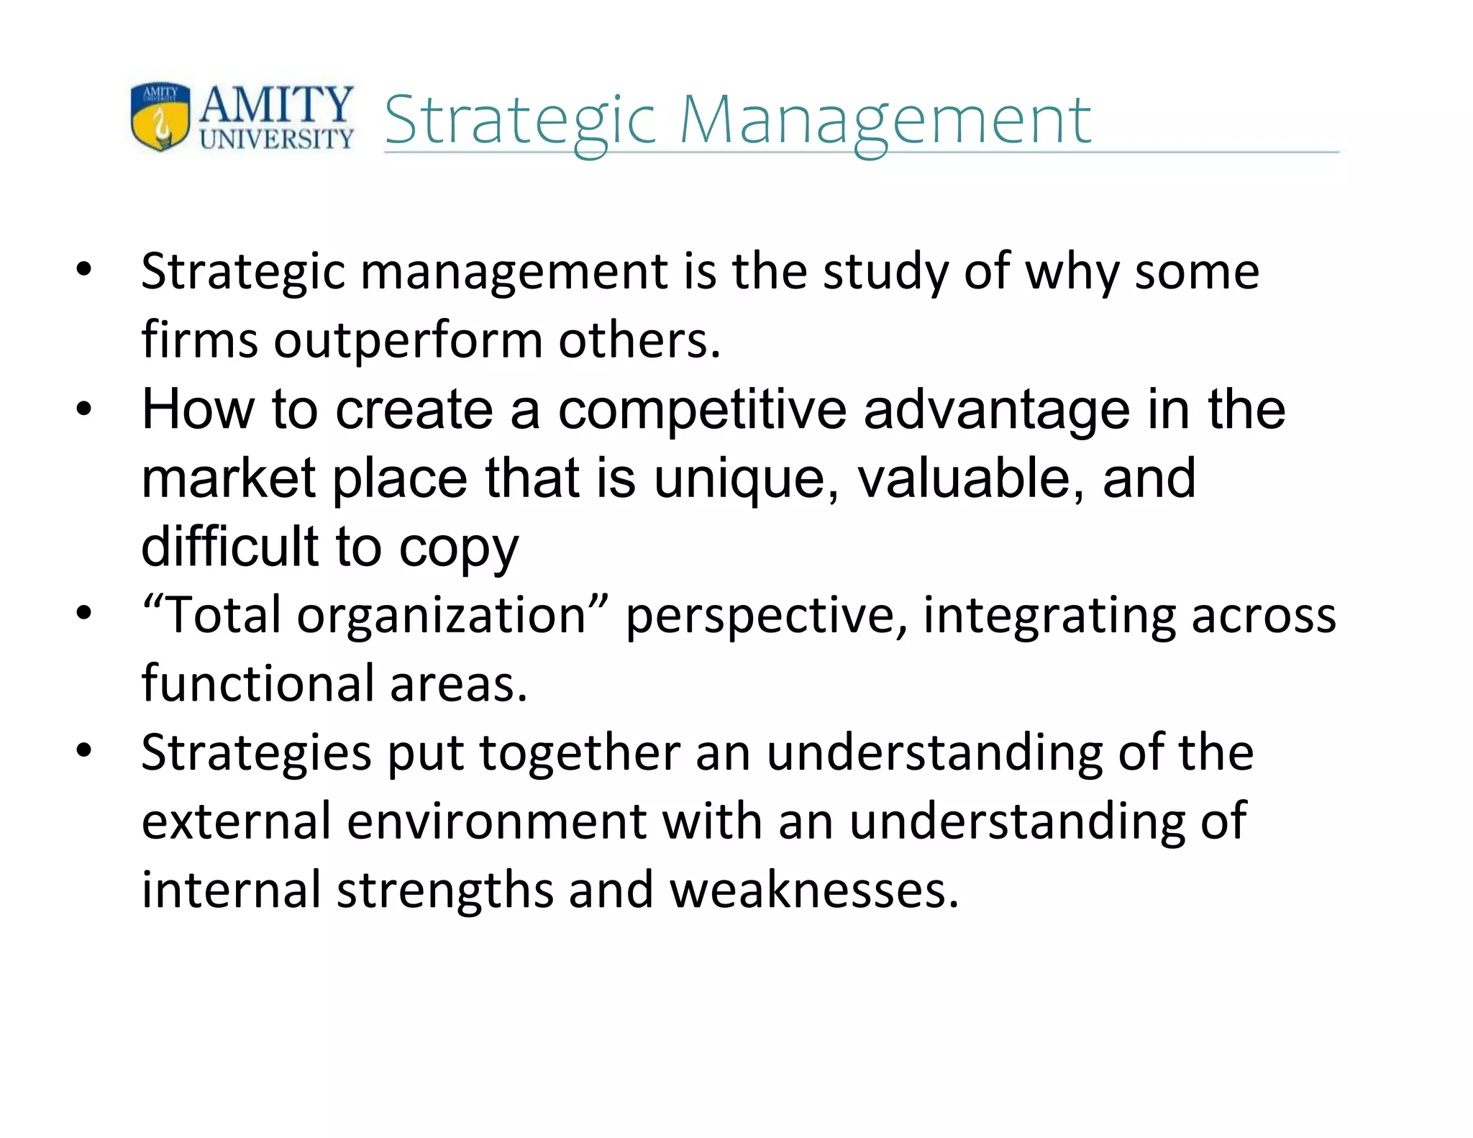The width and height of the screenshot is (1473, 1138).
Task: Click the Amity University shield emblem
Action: click(160, 116)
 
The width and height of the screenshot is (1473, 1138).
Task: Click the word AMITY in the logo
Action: click(277, 104)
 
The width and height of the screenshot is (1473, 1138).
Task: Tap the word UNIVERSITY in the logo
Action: click(277, 139)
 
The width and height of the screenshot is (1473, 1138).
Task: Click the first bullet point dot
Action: click(85, 271)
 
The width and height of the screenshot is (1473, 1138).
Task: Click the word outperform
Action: click(408, 341)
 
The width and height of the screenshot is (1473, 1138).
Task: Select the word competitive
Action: click(702, 410)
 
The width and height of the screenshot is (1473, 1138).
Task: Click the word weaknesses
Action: click(814, 891)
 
